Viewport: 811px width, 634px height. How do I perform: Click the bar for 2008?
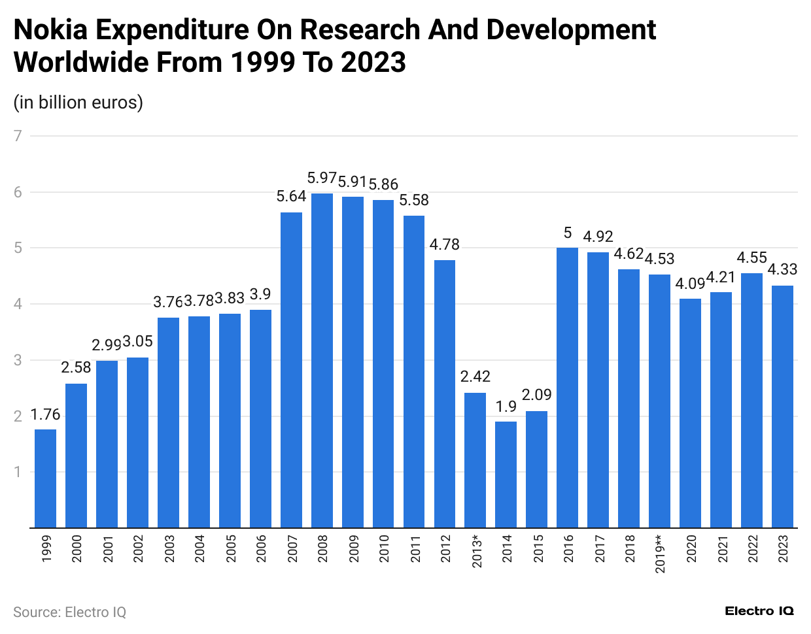point(322,360)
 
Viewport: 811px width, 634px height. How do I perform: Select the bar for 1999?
point(45,478)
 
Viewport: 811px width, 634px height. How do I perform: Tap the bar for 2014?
point(506,474)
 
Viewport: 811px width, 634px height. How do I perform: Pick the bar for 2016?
point(567,387)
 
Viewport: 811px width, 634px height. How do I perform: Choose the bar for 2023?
point(782,406)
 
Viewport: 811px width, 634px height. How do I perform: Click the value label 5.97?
point(322,178)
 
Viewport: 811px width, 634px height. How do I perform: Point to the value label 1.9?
point(506,407)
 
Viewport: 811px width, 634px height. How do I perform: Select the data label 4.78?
point(445,244)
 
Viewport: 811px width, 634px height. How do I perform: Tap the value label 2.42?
point(475,376)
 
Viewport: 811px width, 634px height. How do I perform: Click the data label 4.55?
point(751,258)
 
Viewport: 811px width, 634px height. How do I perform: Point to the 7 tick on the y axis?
point(18,136)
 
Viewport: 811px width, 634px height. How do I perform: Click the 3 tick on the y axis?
point(18,360)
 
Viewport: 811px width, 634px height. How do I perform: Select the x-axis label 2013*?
point(476,551)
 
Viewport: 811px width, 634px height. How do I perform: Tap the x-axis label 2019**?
point(660,554)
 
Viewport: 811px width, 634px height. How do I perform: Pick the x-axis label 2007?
point(292,548)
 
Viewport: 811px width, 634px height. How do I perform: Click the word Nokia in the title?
point(50,30)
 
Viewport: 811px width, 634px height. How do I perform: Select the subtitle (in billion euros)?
point(78,103)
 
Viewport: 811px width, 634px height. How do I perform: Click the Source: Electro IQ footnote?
point(69,612)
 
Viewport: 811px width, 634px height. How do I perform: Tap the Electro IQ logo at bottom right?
point(759,611)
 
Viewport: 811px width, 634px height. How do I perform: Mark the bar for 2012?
point(445,393)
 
